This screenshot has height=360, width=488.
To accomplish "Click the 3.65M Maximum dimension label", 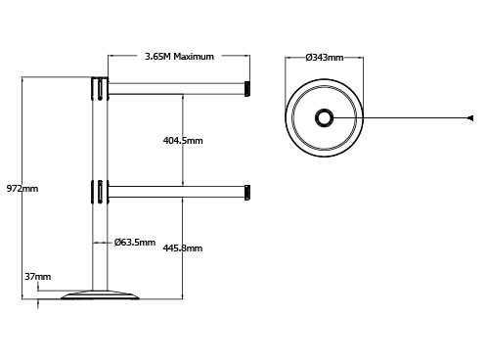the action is coord(179,57).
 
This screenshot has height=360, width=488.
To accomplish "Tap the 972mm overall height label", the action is coord(22,189).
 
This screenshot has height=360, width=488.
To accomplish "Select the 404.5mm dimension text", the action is coord(183,141).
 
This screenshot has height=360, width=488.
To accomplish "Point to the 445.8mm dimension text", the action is coord(183,248).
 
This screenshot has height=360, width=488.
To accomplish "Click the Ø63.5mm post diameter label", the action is coord(135,243).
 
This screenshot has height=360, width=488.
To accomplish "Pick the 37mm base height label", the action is coord(38,277).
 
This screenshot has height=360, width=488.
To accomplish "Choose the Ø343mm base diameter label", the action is coord(325,58).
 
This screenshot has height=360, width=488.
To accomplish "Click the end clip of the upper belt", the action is coord(247,89).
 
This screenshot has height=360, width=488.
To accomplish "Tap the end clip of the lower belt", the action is coord(247,193).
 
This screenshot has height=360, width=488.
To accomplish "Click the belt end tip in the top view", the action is coord(470,118).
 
